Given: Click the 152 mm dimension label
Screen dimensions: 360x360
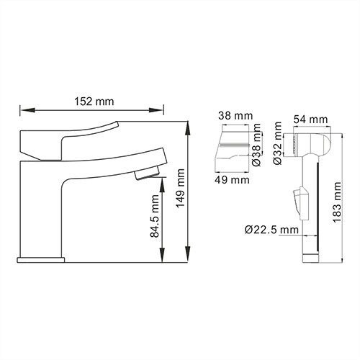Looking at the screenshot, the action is pyautogui.click(x=94, y=102).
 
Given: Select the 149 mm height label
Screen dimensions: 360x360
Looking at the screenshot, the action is pyautogui.click(x=180, y=188).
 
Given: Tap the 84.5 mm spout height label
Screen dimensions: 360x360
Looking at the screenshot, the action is pyautogui.click(x=155, y=216).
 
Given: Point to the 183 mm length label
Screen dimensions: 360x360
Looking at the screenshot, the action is pyautogui.click(x=337, y=202).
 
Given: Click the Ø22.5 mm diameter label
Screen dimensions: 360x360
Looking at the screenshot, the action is pyautogui.click(x=271, y=230).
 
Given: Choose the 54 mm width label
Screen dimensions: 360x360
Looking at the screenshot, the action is pyautogui.click(x=310, y=120).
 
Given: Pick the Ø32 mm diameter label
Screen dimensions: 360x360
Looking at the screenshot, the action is pyautogui.click(x=277, y=143).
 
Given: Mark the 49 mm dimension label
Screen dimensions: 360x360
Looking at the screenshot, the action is pyautogui.click(x=232, y=180).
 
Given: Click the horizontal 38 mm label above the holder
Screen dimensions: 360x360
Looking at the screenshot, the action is pyautogui.click(x=235, y=116).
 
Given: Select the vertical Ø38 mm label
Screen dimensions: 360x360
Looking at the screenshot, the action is pyautogui.click(x=256, y=145).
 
